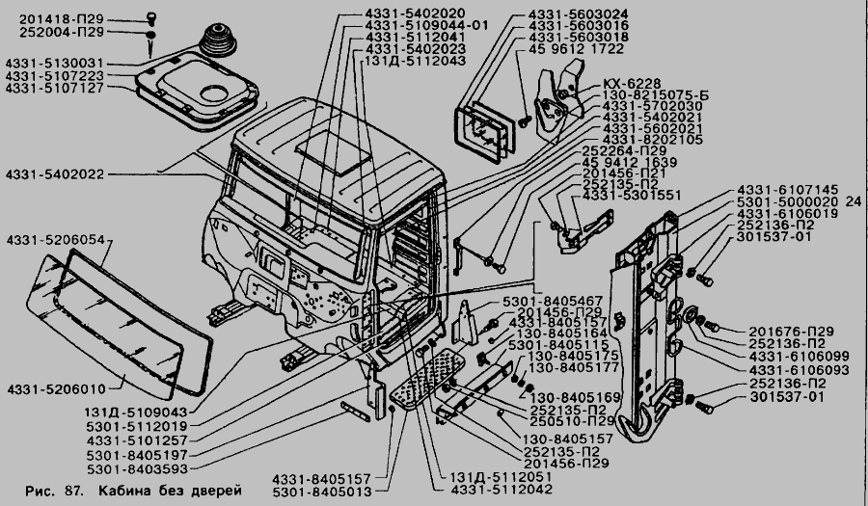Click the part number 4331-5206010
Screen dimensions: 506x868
pos(52,388)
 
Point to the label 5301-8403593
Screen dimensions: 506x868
pos(141,470)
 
